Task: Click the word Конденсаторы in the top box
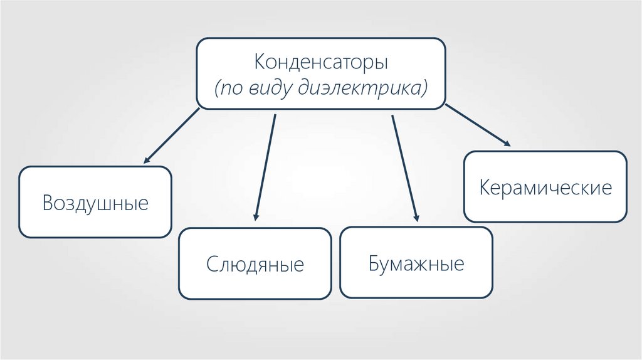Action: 321,63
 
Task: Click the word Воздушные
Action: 95,203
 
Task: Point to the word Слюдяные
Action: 255,264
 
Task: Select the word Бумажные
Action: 416,263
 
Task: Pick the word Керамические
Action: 545,188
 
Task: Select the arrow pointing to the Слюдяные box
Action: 265,167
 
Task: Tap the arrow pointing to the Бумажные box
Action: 404,167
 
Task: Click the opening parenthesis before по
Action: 217,88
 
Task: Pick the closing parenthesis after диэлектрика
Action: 424,88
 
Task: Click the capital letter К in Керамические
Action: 485,188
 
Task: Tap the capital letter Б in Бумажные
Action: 374,263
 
